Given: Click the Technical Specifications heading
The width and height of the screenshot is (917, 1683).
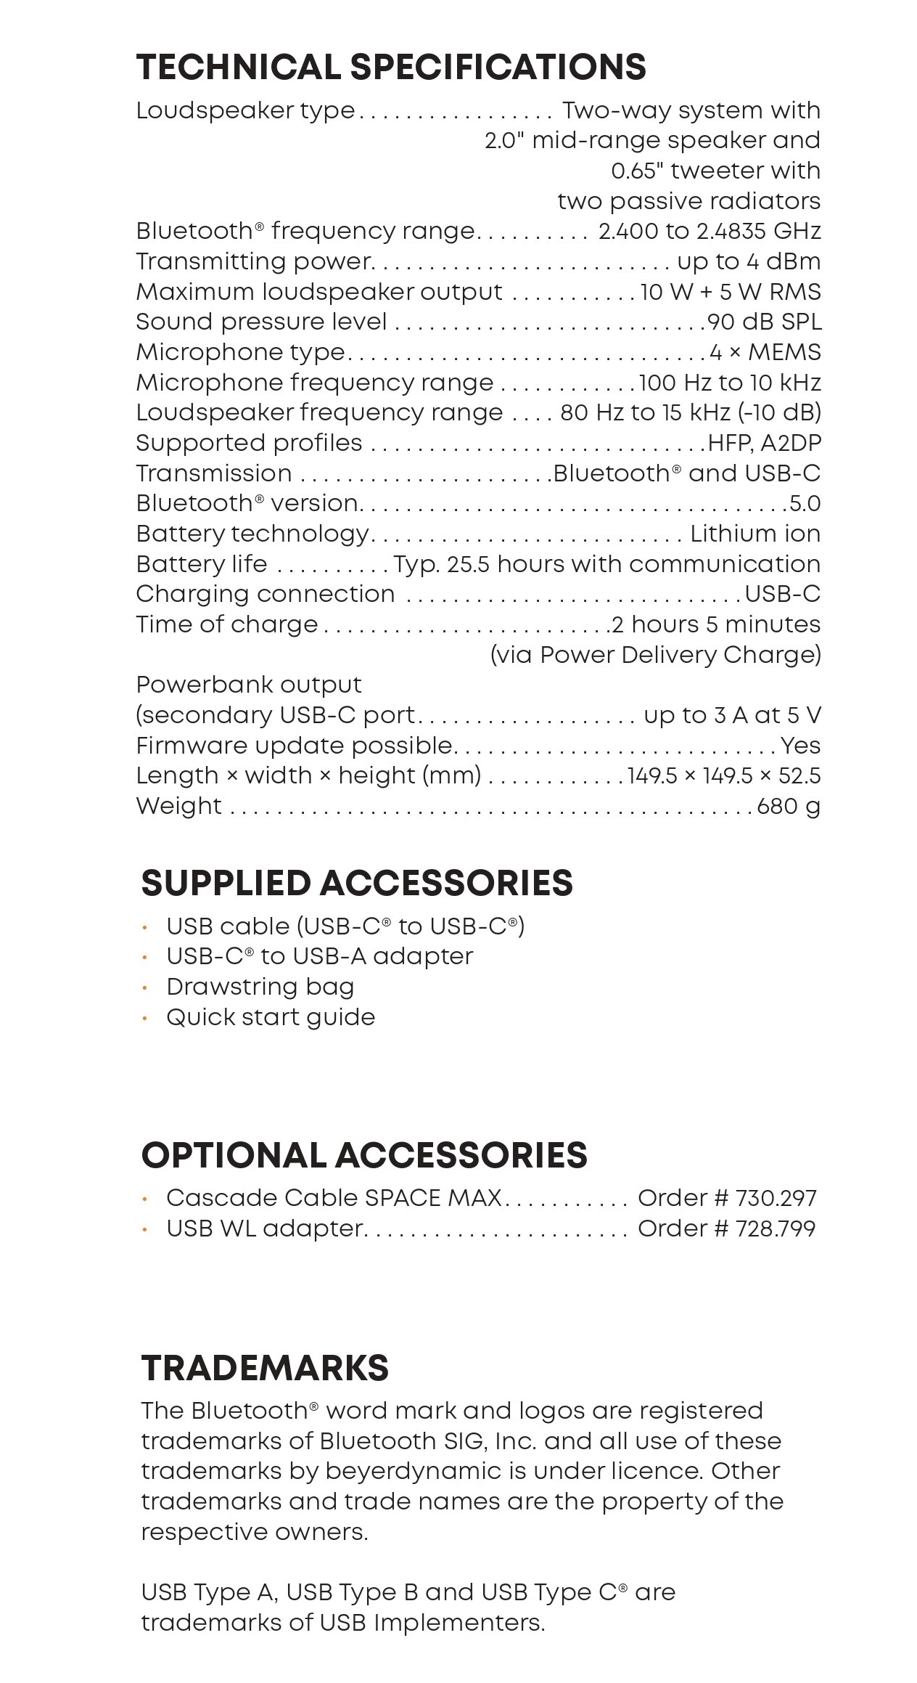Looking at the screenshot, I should point(391,67).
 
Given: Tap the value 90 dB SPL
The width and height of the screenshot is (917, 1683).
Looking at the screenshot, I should point(764,322).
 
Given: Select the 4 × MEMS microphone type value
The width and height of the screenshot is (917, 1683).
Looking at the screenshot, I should point(765,352).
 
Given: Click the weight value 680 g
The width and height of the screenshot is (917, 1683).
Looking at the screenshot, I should point(789,806).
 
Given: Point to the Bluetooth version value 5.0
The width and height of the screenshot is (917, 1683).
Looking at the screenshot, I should point(805,503).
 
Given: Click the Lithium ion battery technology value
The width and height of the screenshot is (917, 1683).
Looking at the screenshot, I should point(755,534).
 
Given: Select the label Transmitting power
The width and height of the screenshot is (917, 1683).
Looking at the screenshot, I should point(255,261).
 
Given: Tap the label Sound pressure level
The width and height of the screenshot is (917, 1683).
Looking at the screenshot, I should point(261,322).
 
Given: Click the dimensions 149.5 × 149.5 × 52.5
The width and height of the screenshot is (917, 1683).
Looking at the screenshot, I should point(724,775).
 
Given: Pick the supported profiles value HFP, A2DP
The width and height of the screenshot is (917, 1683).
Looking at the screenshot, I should point(765,443).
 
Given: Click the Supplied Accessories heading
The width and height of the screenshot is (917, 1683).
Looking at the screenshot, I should point(357,883).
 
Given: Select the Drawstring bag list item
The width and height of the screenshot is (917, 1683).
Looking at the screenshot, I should point(260,987).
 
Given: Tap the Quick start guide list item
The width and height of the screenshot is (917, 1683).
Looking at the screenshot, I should point(271,1017).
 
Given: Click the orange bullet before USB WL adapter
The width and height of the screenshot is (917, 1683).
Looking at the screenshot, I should point(145,1229).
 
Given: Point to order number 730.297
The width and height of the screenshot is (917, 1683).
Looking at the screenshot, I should point(776,1198).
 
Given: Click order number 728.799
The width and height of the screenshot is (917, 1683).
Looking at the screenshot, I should point(775,1228).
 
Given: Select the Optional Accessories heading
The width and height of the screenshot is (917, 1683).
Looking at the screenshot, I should point(364,1155).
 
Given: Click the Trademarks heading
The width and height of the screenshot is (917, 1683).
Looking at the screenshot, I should point(265,1368).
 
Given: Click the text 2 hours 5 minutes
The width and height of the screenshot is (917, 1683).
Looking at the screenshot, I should point(716,624).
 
